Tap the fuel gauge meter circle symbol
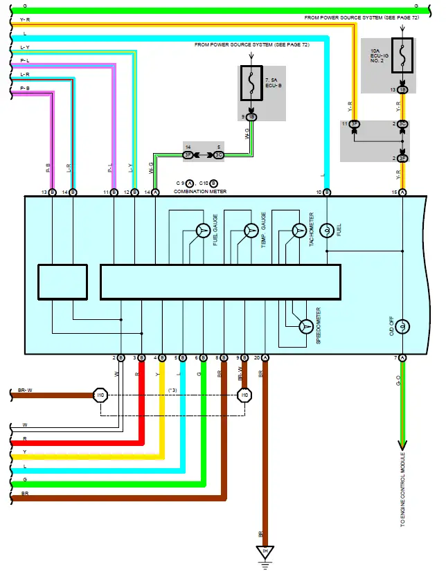[202, 231]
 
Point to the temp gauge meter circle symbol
[251, 231]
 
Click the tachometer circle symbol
[298, 231]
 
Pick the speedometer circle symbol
[305, 326]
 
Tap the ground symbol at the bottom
[265, 552]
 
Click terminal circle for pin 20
[265, 357]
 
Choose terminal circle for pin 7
[402, 357]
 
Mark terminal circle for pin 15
[402, 192]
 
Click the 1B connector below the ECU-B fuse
[251, 117]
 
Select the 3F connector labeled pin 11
[354, 124]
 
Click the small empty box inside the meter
[62, 282]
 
